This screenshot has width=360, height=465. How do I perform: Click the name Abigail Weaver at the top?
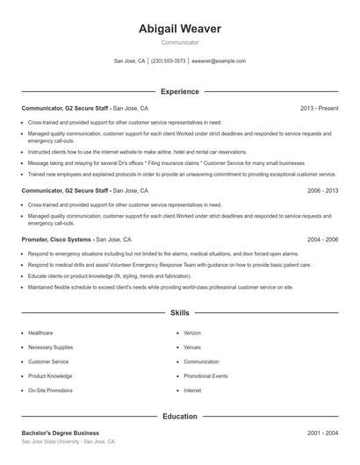(180, 29)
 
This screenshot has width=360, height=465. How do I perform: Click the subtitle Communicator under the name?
(180, 43)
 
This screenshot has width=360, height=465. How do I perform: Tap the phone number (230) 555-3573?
(169, 61)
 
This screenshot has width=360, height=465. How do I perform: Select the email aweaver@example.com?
(219, 61)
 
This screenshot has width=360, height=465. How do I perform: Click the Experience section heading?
(180, 91)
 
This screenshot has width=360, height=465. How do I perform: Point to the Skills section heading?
(180, 312)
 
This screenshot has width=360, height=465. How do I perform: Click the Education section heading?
(180, 417)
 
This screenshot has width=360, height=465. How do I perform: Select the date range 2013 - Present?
(319, 108)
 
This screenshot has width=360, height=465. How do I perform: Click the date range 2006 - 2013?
(322, 190)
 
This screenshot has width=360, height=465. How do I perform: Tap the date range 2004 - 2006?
(322, 239)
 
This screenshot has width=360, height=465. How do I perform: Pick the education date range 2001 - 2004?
(322, 433)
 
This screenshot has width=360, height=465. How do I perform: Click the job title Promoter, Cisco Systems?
(57, 239)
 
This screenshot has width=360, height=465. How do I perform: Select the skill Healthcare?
(40, 333)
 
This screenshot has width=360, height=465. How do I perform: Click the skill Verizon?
(192, 333)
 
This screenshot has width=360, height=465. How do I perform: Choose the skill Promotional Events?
(205, 376)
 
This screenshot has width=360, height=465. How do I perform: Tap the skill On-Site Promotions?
(50, 390)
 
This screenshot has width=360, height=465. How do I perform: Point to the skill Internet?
(192, 390)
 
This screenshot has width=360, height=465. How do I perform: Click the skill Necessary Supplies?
(51, 347)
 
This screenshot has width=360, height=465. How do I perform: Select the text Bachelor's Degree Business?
(61, 433)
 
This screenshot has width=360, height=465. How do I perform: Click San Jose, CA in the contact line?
(131, 61)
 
